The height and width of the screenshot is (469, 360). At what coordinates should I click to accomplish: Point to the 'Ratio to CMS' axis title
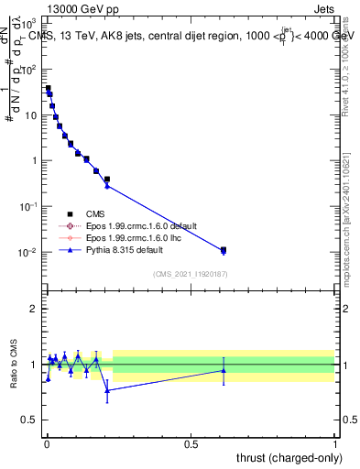pyautogui.click(x=13, y=364)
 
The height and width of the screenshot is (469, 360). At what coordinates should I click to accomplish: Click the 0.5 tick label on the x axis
pyautogui.click(x=191, y=443)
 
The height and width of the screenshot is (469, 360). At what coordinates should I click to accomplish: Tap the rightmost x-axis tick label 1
pyautogui.click(x=335, y=443)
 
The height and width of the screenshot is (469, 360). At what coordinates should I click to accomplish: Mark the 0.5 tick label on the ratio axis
pyautogui.click(x=29, y=420)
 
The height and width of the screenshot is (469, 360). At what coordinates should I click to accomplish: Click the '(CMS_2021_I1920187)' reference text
pyautogui.click(x=190, y=273)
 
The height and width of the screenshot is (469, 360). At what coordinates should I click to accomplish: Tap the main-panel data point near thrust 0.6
pyautogui.click(x=223, y=250)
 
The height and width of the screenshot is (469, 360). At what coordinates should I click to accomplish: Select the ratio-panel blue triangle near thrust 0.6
pyautogui.click(x=223, y=370)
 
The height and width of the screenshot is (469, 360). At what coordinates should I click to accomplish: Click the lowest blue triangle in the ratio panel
pyautogui.click(x=107, y=390)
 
